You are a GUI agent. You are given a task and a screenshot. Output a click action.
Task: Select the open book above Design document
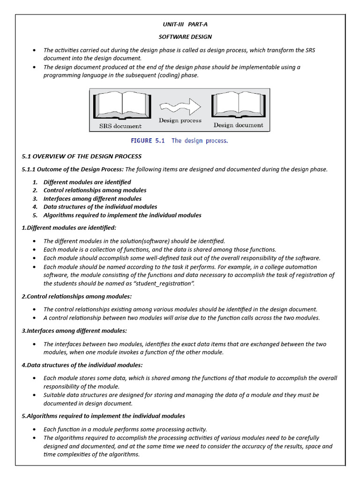[x=239, y=105]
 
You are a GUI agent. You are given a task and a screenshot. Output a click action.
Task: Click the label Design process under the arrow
[x=180, y=120]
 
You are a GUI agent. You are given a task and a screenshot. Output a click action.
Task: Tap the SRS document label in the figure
[x=120, y=126]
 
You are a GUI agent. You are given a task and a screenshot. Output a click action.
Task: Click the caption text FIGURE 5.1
[x=148, y=141]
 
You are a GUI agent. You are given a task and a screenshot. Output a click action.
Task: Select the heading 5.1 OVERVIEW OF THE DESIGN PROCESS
[x=82, y=157]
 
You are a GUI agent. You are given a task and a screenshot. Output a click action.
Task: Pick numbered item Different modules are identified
[x=87, y=182]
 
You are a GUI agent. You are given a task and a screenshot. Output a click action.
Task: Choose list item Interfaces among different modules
[x=92, y=199]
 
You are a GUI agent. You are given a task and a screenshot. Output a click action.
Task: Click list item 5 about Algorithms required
[x=122, y=215]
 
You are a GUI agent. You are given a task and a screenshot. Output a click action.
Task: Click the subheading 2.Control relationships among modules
[x=77, y=297]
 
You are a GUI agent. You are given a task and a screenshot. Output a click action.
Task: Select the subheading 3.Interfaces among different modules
[x=75, y=331]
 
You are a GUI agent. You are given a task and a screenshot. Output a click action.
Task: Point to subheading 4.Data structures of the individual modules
[x=82, y=365]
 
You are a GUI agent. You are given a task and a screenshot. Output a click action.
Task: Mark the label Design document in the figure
[x=239, y=125]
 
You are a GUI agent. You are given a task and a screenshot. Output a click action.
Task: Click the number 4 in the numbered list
[x=35, y=207]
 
